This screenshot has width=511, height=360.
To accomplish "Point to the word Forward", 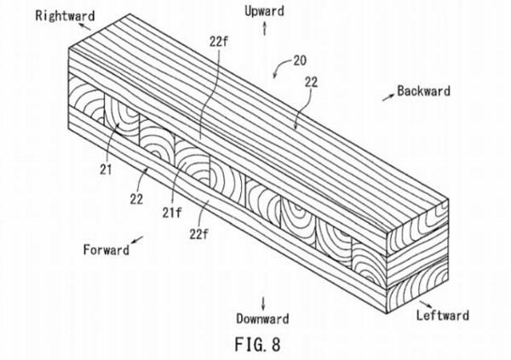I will coord(106,250).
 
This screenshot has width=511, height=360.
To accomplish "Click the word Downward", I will coord(262,319).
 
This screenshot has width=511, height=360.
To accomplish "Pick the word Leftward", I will coord(442,316).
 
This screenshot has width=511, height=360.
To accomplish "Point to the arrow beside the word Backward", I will coord(388,89).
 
